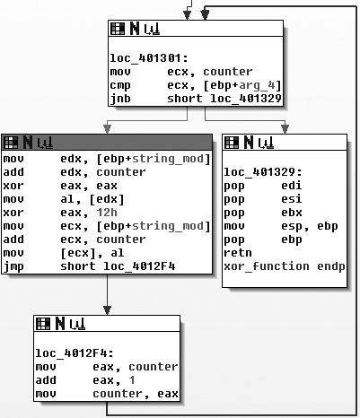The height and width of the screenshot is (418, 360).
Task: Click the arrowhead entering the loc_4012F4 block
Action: (107, 309)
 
